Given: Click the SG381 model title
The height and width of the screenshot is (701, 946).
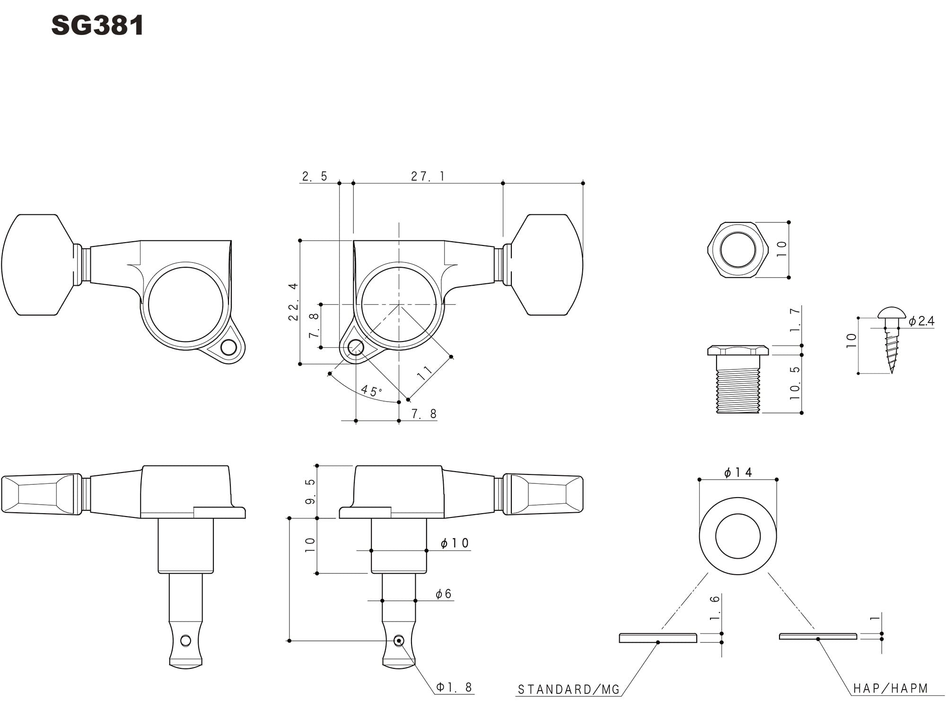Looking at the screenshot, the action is click(97, 26).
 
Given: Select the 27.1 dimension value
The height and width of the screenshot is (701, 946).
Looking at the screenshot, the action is click(428, 176).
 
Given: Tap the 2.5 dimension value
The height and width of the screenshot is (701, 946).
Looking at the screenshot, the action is click(315, 176).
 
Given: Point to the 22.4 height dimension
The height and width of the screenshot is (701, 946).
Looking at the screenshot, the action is click(293, 302).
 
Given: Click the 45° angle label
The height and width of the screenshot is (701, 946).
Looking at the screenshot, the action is click(371, 391).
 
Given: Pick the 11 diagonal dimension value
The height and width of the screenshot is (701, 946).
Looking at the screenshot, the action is click(425, 373).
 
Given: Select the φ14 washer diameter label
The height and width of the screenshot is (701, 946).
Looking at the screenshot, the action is click(738, 472).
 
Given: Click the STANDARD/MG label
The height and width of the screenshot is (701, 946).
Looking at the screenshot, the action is click(569, 689).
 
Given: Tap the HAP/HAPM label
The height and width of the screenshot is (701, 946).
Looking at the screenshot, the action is click(891, 688).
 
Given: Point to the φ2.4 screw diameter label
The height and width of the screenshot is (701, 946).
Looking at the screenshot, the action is click(921, 321).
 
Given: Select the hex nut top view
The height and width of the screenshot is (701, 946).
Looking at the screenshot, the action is click(737, 250).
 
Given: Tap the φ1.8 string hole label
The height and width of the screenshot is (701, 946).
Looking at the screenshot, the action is click(454, 687).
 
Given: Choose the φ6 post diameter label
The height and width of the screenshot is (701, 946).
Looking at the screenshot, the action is click(444, 594).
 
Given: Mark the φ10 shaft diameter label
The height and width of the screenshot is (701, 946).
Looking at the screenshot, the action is click(455, 543).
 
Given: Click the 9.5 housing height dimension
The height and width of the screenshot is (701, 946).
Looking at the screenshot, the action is click(310, 491).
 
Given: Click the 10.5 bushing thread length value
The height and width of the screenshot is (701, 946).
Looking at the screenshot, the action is click(795, 383).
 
